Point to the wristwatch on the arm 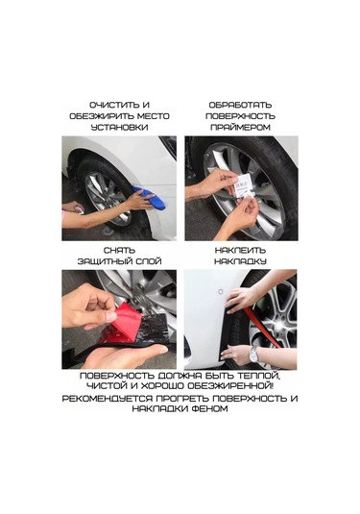tap(253, 354)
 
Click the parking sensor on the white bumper tap(221, 292)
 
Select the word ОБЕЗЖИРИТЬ tap(102, 116)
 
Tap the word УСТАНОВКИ tap(119, 127)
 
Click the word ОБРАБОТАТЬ tap(240, 106)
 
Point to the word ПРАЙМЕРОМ tap(240, 127)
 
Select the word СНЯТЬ tap(119, 251)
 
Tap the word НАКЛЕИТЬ tap(240, 251)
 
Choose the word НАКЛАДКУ tap(240, 261)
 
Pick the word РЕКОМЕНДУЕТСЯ tap(108, 399)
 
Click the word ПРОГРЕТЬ tap(182, 399)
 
